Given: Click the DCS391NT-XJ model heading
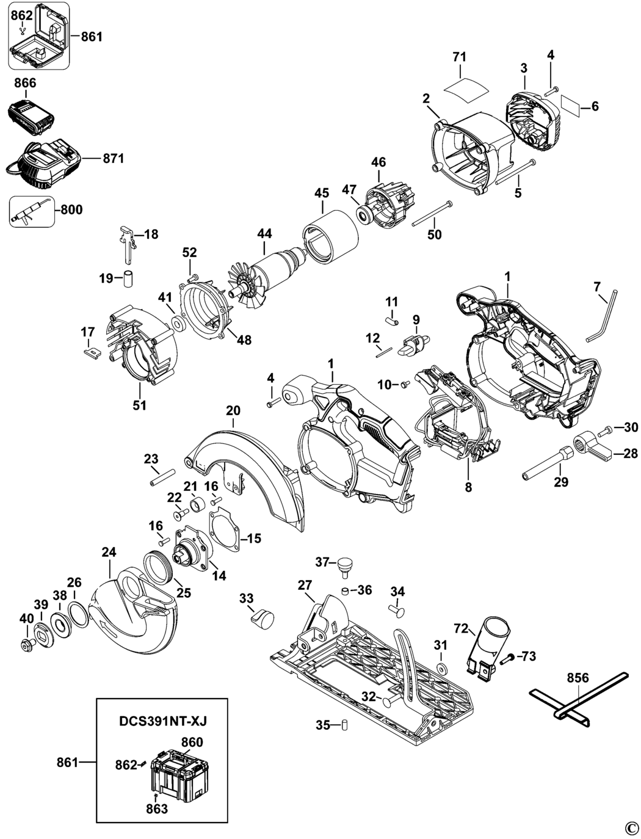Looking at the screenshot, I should (x=162, y=721).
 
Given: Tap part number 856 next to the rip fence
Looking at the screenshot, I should (x=578, y=678).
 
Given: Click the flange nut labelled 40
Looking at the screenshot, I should (x=26, y=642).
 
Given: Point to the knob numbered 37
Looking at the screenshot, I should (x=346, y=565).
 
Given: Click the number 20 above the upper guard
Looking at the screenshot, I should (x=233, y=411).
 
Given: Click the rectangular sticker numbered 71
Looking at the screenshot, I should (x=466, y=84).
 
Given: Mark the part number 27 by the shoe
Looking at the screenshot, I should (x=305, y=585).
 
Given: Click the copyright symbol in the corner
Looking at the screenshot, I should (x=631, y=828).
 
